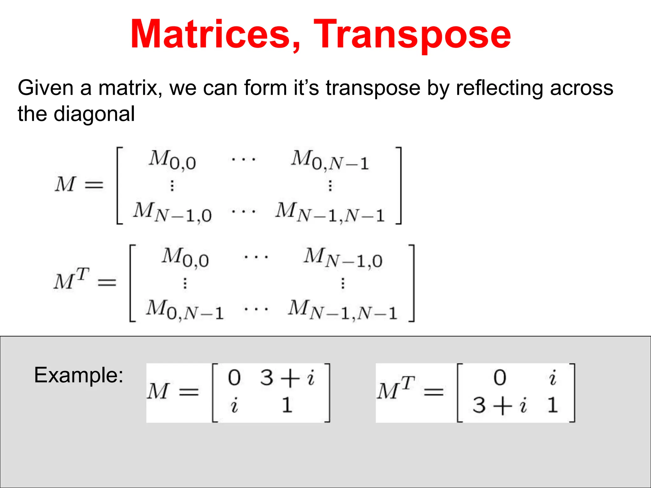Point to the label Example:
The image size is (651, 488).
[79, 375]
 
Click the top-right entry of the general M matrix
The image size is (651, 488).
[330, 160]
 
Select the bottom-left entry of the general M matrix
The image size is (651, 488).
[172, 212]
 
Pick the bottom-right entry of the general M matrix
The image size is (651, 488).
[330, 212]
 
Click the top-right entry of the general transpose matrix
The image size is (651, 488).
[343, 258]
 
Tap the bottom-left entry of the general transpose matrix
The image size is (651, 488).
[185, 310]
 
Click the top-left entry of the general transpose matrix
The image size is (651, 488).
[185, 258]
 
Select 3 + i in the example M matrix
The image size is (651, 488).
[287, 378]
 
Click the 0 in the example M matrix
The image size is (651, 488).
[234, 378]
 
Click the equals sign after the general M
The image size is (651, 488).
[94, 185]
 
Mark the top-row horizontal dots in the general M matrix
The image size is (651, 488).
[243, 159]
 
